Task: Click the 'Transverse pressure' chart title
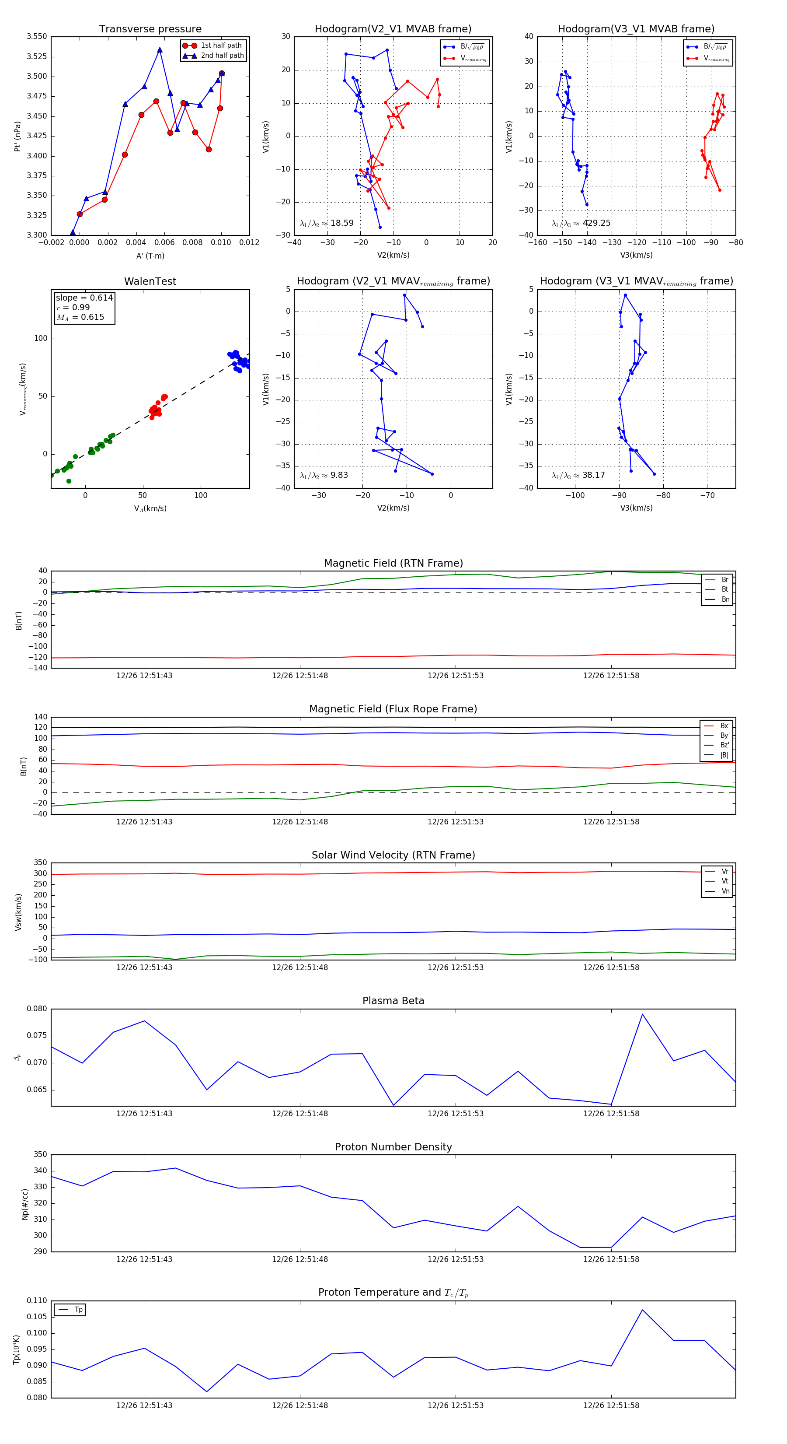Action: (x=150, y=29)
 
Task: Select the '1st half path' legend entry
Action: (x=221, y=46)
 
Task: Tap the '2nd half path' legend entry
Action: (x=222, y=56)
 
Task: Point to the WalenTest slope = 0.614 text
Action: (x=84, y=298)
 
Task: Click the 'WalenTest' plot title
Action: (x=150, y=281)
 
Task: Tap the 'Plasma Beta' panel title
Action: (x=393, y=1001)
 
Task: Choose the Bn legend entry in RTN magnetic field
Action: (x=725, y=599)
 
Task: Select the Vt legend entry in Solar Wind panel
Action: (x=725, y=881)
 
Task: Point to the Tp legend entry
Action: (x=78, y=1310)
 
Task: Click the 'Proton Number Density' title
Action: (x=393, y=1147)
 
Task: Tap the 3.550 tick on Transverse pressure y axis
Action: (x=37, y=36)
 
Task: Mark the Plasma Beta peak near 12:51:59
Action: (x=642, y=1014)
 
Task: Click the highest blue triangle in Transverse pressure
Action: (x=160, y=50)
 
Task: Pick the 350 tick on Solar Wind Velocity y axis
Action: (x=40, y=863)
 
